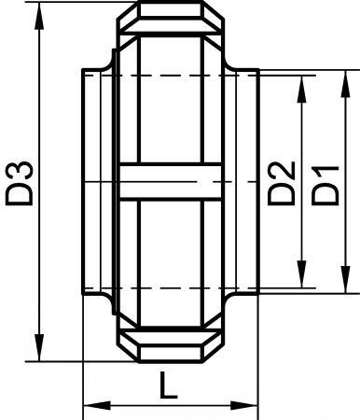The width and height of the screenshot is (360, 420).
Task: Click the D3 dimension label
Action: click(20, 184)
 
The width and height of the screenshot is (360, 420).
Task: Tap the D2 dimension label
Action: click(282, 183)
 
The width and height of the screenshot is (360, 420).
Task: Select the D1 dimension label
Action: click(325, 186)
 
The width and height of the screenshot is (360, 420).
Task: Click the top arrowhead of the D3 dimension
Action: click(39, 16)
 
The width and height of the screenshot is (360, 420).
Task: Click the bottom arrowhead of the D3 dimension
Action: click(39, 347)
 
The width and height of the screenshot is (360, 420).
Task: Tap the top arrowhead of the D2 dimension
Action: click(301, 90)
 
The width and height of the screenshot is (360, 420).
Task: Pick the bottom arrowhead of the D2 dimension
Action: click(301, 273)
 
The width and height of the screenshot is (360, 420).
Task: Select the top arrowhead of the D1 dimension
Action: click(345, 84)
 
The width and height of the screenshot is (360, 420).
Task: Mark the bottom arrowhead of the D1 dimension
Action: click(345, 279)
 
